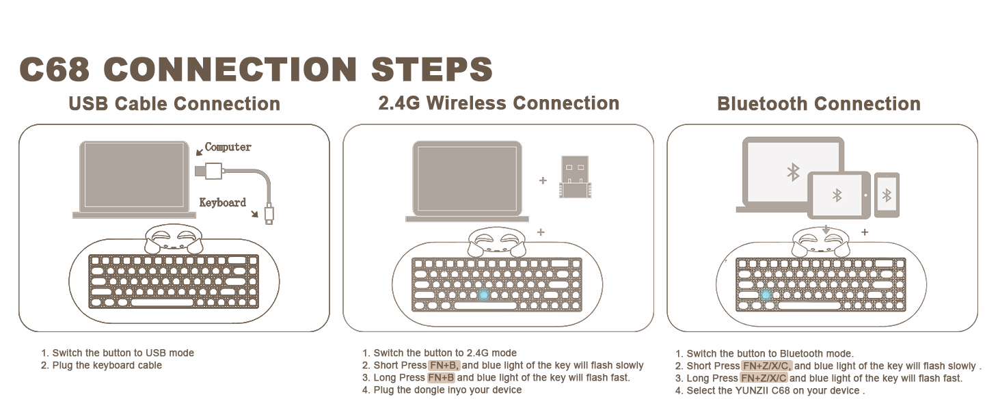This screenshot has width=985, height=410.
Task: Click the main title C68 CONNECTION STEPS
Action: coord(256,70)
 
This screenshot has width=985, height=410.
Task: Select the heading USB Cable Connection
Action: coord(174,104)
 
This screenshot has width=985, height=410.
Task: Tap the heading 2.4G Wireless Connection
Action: coord(498,103)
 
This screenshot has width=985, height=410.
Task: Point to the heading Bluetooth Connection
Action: coord(818,104)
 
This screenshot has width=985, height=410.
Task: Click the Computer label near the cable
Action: coord(228,147)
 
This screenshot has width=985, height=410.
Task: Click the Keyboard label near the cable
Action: coord(222,202)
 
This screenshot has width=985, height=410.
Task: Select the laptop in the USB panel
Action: coord(133,179)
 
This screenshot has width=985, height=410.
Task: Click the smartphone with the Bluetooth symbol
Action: coord(887,195)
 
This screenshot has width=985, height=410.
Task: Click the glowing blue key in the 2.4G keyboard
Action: coord(484,295)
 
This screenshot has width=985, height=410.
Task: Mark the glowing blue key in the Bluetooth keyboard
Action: coord(766,295)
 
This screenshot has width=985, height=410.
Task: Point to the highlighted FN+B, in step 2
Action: coord(444,366)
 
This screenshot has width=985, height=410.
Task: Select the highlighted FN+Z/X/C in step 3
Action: coord(764,379)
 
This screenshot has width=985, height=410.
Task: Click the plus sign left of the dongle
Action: coord(543,181)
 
